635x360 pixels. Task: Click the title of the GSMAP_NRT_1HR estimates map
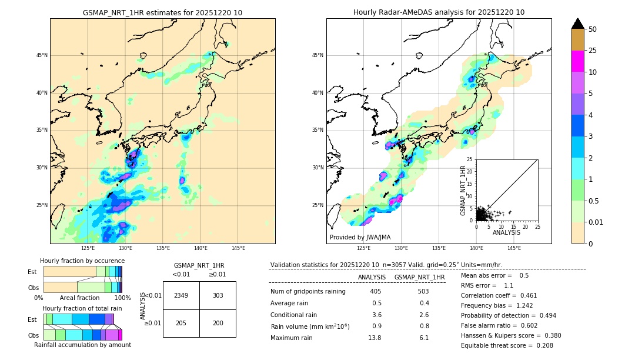pos(162,12)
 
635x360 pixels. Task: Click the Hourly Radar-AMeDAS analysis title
pos(439,12)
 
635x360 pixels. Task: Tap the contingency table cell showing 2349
pos(181,295)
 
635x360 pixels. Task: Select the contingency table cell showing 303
pos(218,295)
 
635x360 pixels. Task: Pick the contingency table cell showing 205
pos(181,324)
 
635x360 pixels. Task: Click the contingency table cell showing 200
pos(218,324)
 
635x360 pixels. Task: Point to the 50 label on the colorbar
pos(593,29)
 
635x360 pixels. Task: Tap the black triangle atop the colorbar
pos(578,24)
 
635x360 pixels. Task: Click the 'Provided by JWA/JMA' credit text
pos(360,238)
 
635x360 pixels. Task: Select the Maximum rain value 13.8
pos(375,338)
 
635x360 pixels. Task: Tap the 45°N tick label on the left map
pos(42,55)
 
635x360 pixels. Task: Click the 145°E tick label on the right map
pos(514,248)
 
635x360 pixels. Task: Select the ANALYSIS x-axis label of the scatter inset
pos(506,232)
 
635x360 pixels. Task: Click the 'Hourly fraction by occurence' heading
pos(82,261)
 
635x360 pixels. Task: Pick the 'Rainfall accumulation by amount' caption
pos(82,345)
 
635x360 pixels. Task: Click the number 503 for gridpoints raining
pos(423,291)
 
